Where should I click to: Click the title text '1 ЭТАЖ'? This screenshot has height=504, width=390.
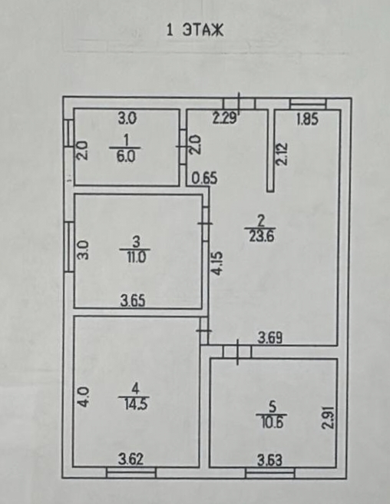195,31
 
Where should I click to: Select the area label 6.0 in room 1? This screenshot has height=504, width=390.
125,157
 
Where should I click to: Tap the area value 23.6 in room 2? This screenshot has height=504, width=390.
261,237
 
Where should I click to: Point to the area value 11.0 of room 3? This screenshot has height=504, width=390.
135,257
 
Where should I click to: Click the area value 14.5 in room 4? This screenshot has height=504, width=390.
135,404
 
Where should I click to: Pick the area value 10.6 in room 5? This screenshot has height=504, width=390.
272,421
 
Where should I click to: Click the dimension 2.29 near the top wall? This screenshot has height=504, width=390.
225,118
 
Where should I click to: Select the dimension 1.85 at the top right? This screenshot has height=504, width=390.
307,119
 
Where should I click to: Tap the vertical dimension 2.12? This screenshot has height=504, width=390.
282,154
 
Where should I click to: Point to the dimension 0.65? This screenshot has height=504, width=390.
204,177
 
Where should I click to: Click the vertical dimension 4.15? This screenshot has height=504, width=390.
218,264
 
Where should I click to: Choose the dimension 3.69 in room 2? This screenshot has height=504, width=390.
270,338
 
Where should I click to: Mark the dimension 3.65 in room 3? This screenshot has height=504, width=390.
133,301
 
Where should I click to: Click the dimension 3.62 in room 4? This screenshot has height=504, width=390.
131,459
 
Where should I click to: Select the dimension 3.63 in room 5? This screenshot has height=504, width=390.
269,461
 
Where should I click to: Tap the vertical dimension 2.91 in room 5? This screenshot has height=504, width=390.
329,417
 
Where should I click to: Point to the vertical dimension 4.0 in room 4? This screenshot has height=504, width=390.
84,398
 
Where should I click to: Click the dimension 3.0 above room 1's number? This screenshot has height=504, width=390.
127,118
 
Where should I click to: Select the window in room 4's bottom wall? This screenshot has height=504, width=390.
131,472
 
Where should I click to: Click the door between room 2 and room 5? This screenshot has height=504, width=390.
237,352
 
